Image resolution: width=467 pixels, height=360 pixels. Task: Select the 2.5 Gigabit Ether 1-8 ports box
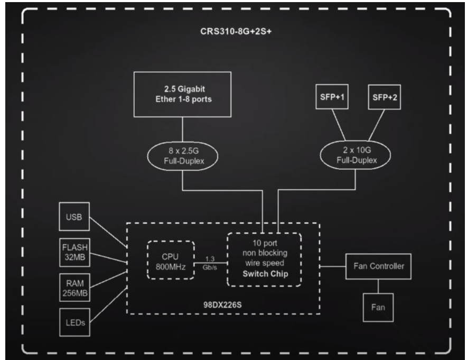pyautogui.click(x=183, y=95)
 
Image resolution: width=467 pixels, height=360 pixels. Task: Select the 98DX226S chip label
pyautogui.click(x=224, y=303)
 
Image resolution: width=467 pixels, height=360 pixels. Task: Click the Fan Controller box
pyautogui.click(x=378, y=266)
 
